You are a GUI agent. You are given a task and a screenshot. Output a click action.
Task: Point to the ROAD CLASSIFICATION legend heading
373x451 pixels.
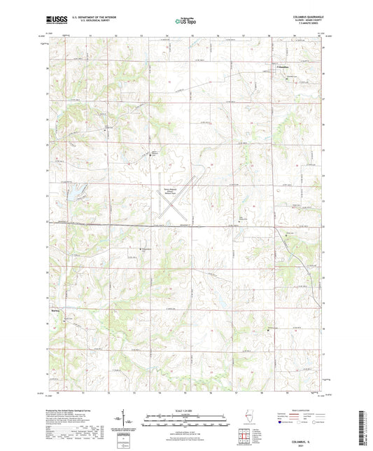(300, 410)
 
